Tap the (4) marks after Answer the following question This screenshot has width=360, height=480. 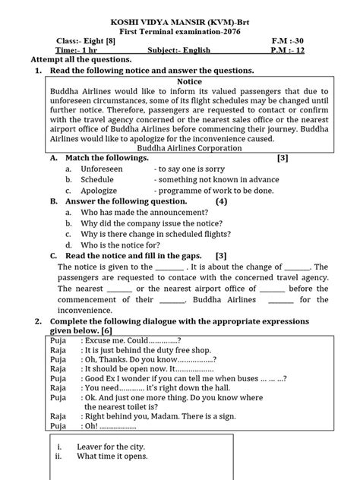(220, 201)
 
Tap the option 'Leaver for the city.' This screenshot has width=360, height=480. (112, 446)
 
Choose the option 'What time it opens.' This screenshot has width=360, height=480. (112, 456)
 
